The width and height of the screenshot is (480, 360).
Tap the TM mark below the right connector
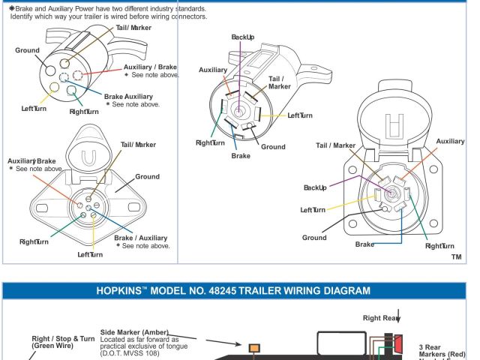[x=456, y=256]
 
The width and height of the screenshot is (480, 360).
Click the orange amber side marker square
[x=255, y=347]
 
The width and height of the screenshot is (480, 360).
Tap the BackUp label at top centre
[x=243, y=36]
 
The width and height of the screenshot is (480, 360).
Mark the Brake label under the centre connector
[x=241, y=156]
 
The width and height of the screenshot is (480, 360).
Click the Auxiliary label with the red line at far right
[x=450, y=141]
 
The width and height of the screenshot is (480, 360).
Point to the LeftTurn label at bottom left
[x=90, y=254]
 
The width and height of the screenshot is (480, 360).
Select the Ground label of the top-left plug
[x=28, y=50]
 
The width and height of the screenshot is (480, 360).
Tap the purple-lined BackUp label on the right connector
[x=315, y=187]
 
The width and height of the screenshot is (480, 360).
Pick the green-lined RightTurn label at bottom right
[x=439, y=245]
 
